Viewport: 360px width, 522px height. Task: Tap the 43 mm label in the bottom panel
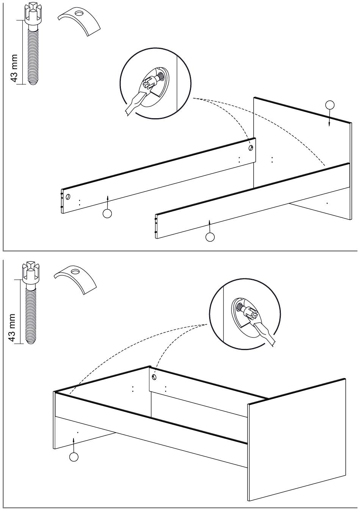[x=13, y=328]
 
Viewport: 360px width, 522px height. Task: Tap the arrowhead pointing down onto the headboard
[x=329, y=123]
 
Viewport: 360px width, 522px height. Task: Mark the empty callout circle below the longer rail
[x=108, y=214]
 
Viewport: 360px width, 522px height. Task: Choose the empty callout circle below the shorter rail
[x=210, y=237]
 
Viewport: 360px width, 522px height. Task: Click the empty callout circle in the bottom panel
[x=74, y=457]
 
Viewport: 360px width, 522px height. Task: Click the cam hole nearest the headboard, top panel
[x=250, y=148]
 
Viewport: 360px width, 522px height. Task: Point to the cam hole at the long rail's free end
[x=68, y=197]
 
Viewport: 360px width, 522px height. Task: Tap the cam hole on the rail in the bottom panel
[x=153, y=377]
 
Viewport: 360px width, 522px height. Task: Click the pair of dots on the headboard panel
[x=272, y=159]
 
